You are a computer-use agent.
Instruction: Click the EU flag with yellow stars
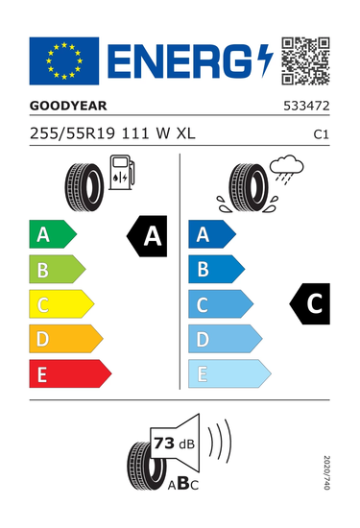[x=64, y=60]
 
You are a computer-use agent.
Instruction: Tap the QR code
[x=305, y=60]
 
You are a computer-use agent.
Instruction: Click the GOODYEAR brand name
[x=68, y=106]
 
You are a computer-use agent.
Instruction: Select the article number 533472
[x=306, y=106]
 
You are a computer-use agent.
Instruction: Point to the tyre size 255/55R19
[x=72, y=133]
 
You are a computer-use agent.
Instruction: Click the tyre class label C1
[x=321, y=134]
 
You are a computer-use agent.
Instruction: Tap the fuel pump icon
[x=122, y=172]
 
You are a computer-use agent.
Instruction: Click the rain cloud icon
[x=287, y=169]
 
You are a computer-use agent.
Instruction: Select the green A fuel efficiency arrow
[x=53, y=234]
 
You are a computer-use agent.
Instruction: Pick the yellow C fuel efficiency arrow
[x=61, y=303]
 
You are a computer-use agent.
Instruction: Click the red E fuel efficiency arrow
[x=70, y=373]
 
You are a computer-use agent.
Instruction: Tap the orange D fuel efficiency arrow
[x=66, y=339]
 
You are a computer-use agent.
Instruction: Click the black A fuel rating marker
[x=147, y=236]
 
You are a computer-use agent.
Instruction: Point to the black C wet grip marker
[x=310, y=303]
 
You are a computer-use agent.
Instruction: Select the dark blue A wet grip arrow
[x=212, y=234]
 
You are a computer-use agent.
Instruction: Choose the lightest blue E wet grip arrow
[x=229, y=373]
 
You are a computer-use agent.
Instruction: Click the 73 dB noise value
[x=174, y=444]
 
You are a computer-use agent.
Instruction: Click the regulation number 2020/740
[x=326, y=472]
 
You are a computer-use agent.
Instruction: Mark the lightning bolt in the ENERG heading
[x=265, y=60]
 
